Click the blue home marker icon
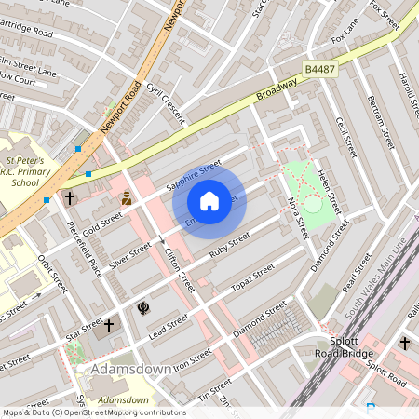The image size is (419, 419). [209, 200]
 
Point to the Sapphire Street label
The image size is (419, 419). [194, 175]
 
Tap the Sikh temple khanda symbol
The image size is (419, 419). [143, 306]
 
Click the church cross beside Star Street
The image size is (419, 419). [109, 326]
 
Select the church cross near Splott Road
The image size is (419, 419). [404, 344]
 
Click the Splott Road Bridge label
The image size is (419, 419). [345, 347]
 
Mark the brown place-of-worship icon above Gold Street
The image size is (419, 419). [127, 198]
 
